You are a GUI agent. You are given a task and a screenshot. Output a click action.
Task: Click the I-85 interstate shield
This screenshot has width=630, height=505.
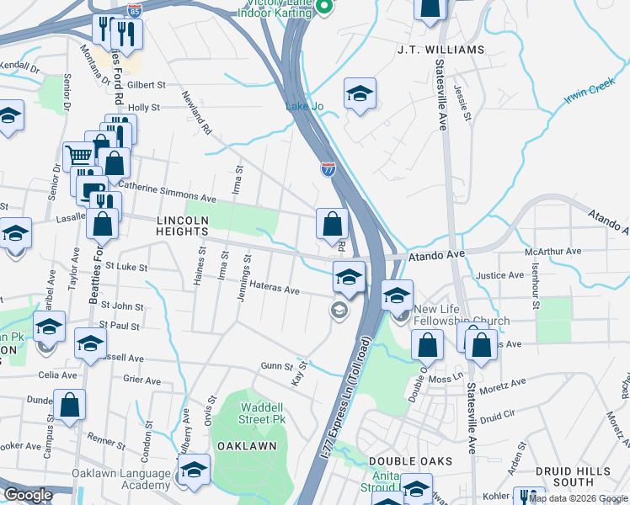135,11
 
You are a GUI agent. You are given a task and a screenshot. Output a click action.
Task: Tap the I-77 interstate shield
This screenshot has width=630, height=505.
328,169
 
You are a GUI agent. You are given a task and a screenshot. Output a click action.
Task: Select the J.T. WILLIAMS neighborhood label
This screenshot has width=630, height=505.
440,50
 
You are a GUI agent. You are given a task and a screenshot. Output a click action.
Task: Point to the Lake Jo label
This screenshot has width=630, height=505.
304,106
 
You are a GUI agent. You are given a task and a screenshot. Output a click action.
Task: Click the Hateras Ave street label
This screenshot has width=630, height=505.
274,290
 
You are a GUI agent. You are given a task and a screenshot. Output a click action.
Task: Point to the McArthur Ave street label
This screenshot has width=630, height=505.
553,251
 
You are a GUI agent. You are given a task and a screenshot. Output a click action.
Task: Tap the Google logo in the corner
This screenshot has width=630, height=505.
28,495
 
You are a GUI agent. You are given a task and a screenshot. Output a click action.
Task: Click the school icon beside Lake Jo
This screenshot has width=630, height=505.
360,94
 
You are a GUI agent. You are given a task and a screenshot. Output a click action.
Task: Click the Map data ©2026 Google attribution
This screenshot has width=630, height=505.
578,499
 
